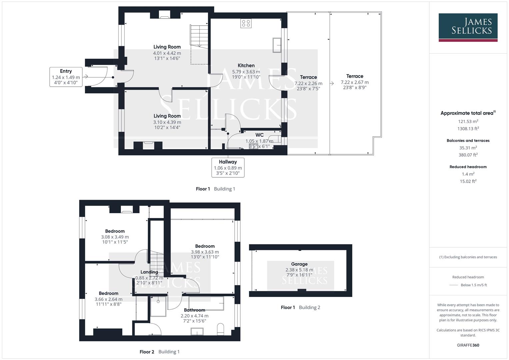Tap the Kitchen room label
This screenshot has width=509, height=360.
click(x=246, y=66)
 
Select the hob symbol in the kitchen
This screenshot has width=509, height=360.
click(x=246, y=23)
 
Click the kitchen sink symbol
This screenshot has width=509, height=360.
click(x=277, y=45)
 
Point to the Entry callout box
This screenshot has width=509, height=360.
click(x=66, y=77)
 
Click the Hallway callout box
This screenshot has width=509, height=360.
click(x=228, y=168)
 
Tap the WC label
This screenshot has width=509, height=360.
click(x=259, y=135)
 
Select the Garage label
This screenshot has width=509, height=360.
click(x=299, y=264)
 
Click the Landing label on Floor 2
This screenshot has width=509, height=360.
click(x=149, y=272)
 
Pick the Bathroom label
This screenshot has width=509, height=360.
click(x=194, y=310)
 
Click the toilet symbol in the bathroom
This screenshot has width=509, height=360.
click(x=220, y=329)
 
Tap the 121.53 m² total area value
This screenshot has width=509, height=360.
click(x=468, y=121)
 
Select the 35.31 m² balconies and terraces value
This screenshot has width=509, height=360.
click(x=468, y=148)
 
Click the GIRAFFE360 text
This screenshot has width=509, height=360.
click(x=468, y=345)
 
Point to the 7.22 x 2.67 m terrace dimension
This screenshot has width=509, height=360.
click(x=354, y=82)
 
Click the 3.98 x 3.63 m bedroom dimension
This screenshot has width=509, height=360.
click(x=205, y=252)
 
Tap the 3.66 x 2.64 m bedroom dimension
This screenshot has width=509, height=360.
click(x=108, y=299)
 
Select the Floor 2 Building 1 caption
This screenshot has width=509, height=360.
click(x=159, y=352)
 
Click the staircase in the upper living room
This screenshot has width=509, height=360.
click(x=199, y=35)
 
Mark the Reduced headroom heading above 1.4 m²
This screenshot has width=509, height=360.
click(x=468, y=167)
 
